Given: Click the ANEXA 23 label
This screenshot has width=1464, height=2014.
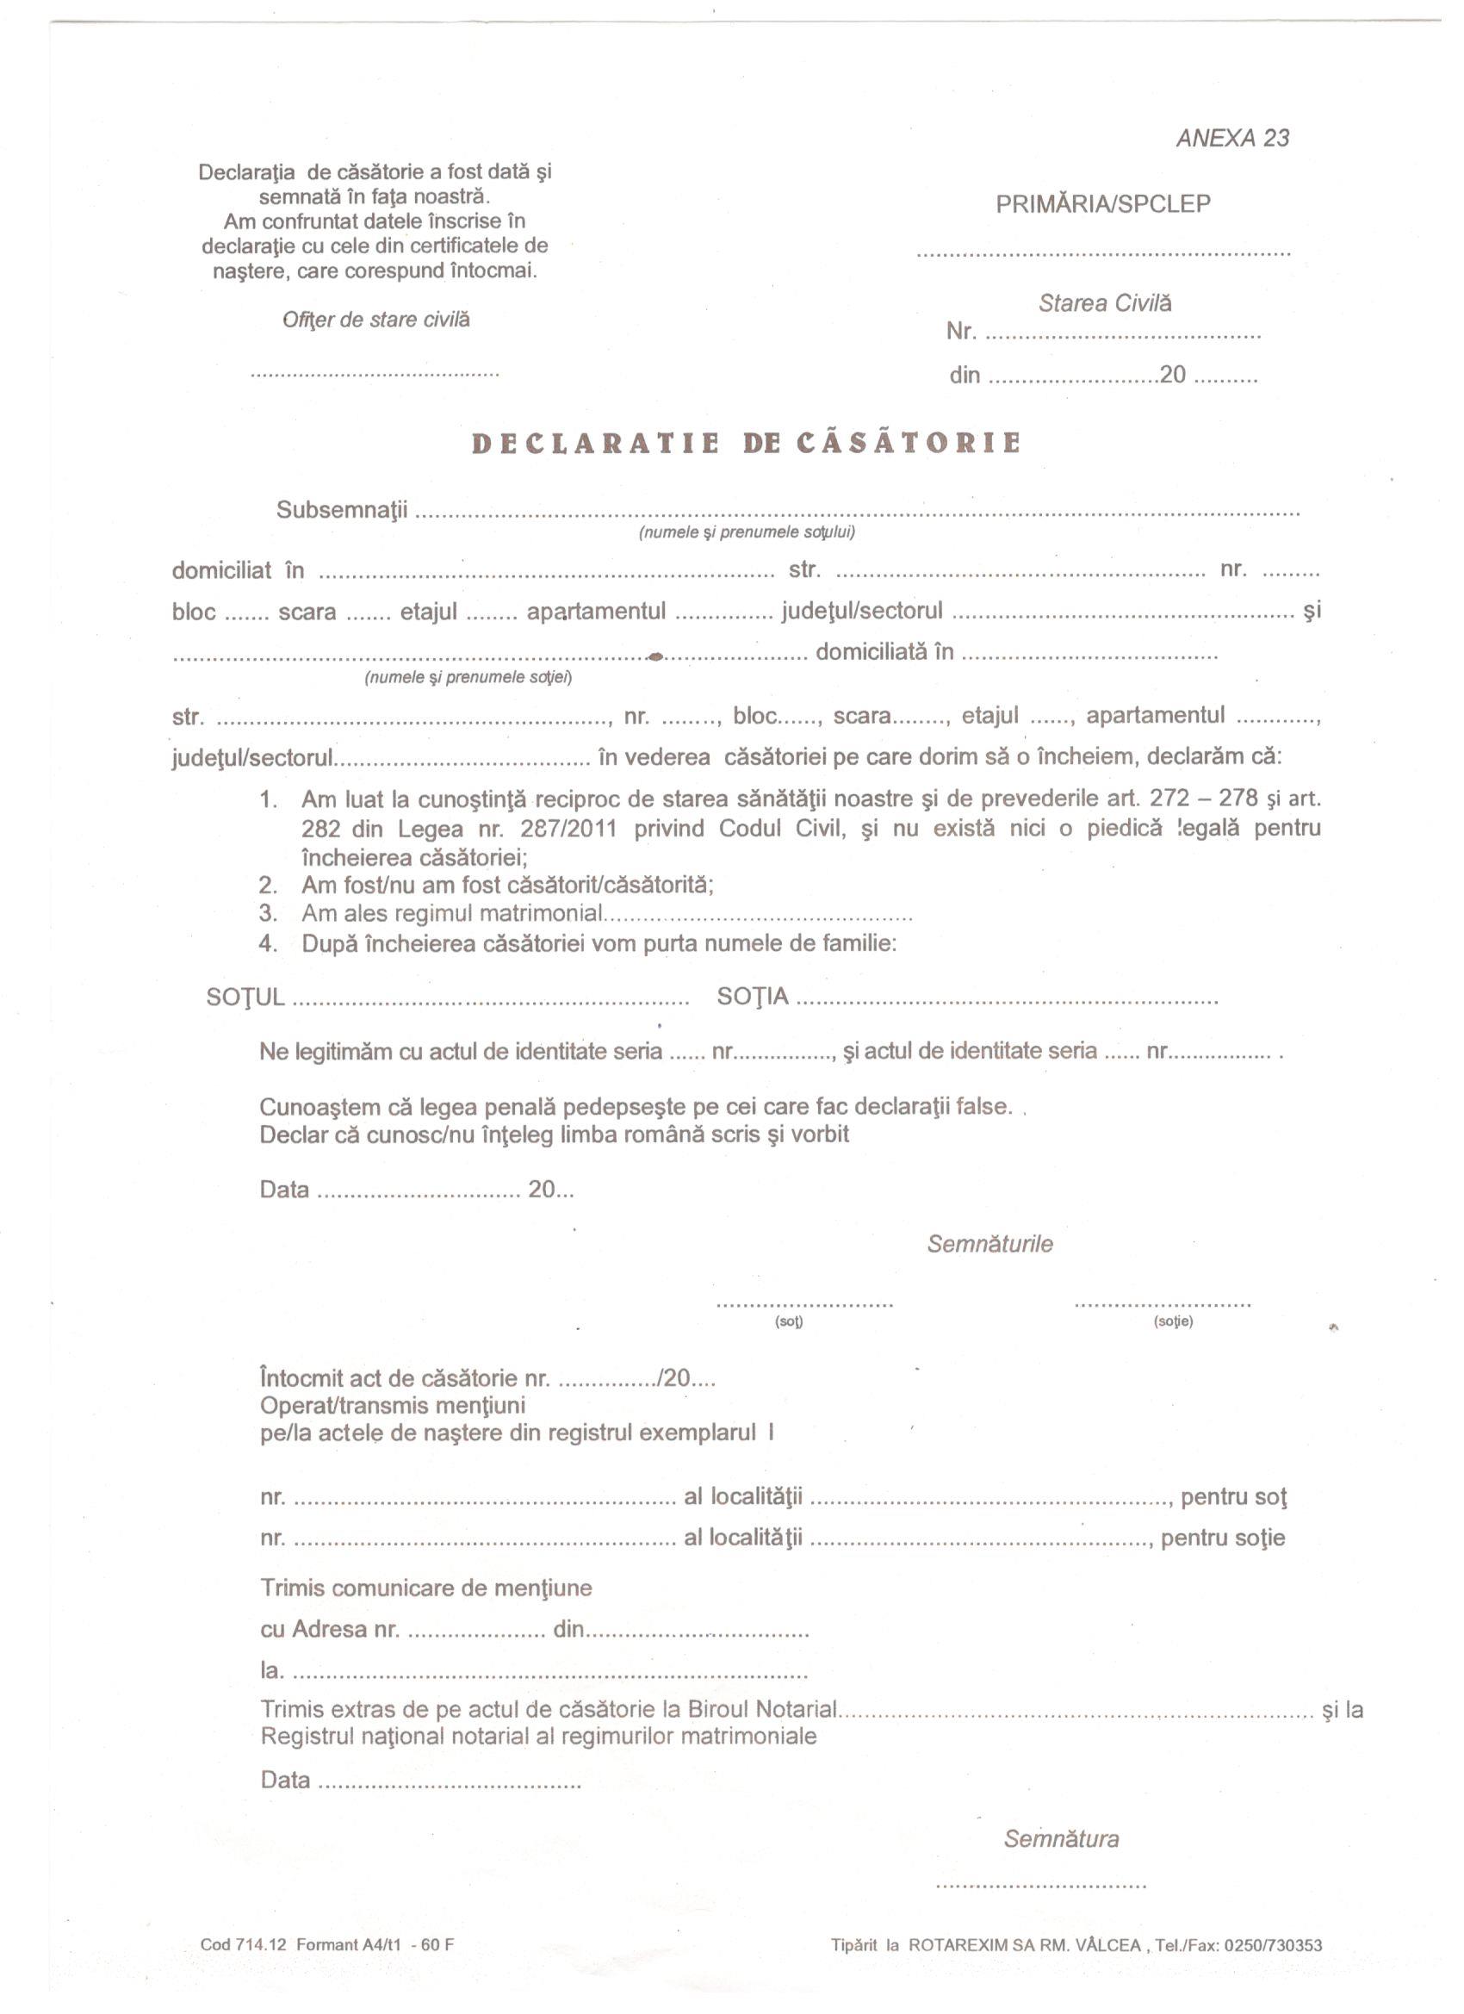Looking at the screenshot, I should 1231,139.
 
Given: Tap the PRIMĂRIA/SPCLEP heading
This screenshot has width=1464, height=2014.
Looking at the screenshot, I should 1102,204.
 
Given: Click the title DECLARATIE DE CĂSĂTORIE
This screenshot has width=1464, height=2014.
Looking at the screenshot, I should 746,443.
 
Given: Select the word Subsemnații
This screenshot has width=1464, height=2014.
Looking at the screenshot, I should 342,511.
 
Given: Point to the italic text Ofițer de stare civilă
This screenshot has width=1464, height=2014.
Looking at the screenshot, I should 375,320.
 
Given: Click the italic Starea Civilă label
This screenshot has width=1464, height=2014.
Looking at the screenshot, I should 1104,304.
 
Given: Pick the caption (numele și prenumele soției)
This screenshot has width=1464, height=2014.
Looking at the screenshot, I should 468,678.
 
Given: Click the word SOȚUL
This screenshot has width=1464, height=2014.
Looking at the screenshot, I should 245,998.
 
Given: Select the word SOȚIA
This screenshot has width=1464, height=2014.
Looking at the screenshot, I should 752,998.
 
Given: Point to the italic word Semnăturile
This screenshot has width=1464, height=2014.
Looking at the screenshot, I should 989,1244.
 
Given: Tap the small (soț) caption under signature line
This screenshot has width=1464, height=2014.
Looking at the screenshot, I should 788,1321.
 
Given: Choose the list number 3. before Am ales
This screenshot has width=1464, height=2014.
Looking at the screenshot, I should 268,913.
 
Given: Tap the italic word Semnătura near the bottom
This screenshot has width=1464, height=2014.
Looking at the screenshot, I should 1061,1839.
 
